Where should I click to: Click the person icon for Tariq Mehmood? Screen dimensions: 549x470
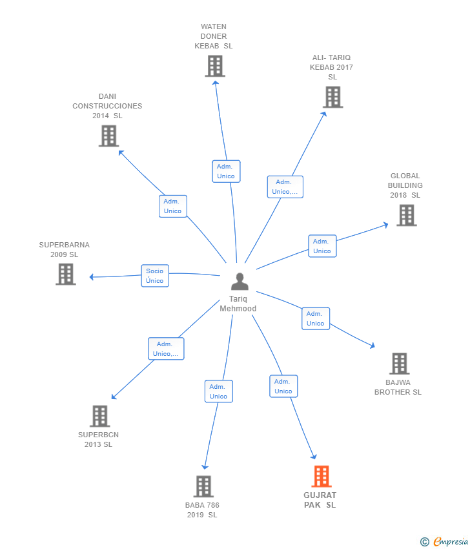click(x=240, y=282)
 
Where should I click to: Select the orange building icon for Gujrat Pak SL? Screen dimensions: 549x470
click(x=321, y=477)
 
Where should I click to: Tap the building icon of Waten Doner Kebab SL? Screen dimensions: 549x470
click(x=214, y=66)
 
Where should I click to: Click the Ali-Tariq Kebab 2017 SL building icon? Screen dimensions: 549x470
click(x=332, y=97)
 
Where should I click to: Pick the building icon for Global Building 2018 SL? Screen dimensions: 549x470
click(x=406, y=215)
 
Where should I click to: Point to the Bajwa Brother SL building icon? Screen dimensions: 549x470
click(x=399, y=364)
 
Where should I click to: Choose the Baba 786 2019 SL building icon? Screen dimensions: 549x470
click(x=203, y=486)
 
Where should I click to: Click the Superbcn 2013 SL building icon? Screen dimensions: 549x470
click(x=99, y=416)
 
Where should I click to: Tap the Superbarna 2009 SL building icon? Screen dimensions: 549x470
click(x=65, y=274)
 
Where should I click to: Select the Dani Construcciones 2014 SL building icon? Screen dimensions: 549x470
click(x=108, y=136)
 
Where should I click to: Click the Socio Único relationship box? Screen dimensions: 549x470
click(x=155, y=276)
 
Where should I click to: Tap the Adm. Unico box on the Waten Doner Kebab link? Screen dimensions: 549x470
click(x=226, y=171)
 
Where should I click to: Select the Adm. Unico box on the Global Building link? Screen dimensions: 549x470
click(x=322, y=246)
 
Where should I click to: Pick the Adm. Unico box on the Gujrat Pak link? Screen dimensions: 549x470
click(x=283, y=386)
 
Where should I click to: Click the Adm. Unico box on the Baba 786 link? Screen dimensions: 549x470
click(x=219, y=391)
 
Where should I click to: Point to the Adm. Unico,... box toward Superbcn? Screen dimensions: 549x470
click(x=166, y=349)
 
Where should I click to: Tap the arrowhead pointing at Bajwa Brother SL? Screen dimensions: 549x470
click(x=372, y=346)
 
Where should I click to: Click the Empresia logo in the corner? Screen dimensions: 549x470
click(x=445, y=542)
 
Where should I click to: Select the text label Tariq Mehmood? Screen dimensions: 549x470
click(x=238, y=304)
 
